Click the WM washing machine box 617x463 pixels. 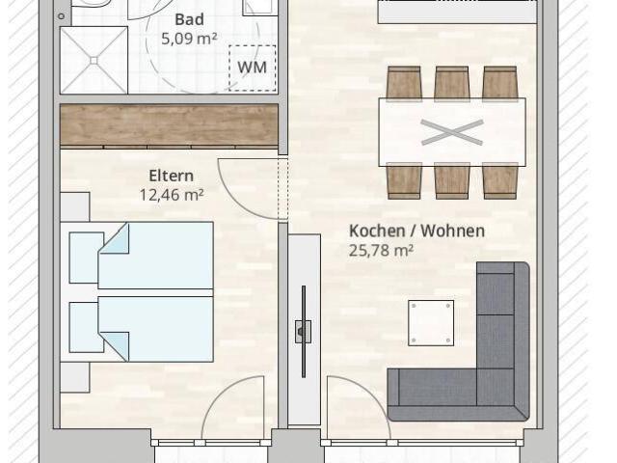pyautogui.click(x=253, y=68)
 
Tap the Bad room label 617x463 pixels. pyautogui.click(x=189, y=19)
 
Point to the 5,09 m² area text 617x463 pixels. pyautogui.click(x=189, y=39)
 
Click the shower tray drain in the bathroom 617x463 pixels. pyautogui.click(x=94, y=60)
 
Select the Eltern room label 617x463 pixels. pyautogui.click(x=172, y=176)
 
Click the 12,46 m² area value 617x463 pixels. pyautogui.click(x=172, y=195)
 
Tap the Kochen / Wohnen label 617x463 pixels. pyautogui.click(x=416, y=231)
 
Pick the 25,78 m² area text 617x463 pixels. pyautogui.click(x=381, y=250)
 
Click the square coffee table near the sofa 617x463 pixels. pyautogui.click(x=431, y=323)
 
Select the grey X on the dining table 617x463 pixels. pyautogui.click(x=452, y=132)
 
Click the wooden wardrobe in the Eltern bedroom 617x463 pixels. pyautogui.click(x=170, y=125)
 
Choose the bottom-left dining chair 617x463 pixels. pyautogui.click(x=404, y=181)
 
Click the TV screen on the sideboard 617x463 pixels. pyautogui.click(x=304, y=332)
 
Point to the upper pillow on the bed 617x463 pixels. pyautogui.click(x=87, y=258)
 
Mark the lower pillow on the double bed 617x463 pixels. pyautogui.click(x=87, y=328)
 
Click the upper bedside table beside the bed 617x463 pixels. pyautogui.click(x=75, y=206)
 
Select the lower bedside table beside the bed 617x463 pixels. pyautogui.click(x=75, y=377)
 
